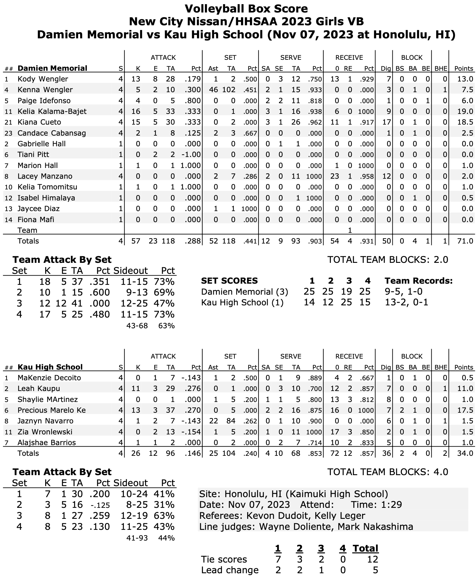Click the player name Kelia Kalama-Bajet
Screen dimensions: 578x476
52,111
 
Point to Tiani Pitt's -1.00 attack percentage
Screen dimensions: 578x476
191,155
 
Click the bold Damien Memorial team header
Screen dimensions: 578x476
52,68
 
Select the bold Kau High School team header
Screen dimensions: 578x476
50,367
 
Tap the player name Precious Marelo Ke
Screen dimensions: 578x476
51,410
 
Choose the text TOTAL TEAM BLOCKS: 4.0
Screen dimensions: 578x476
388,472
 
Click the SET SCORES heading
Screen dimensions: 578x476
229,281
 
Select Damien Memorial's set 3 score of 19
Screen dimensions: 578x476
349,292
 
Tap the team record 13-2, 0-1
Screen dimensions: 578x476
406,303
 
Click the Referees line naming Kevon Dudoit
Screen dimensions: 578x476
282,516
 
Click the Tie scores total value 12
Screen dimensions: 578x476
372,559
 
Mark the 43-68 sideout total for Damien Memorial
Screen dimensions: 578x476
137,326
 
